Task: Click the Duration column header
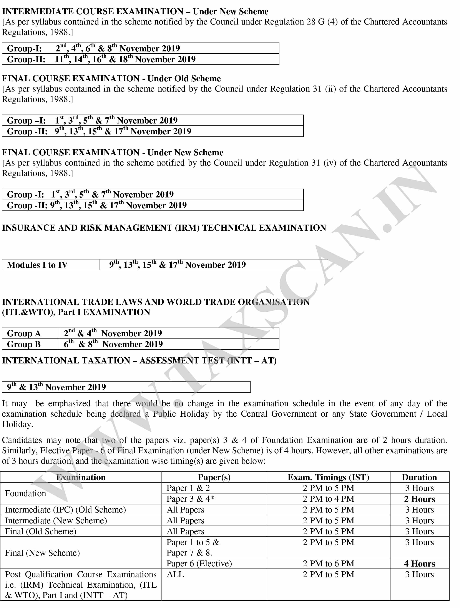pos(419,477)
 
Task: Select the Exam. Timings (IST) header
pos(328,477)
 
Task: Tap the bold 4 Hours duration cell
pos(419,564)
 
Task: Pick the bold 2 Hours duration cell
pos(419,499)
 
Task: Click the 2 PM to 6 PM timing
pos(328,564)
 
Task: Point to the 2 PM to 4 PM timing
pos(328,499)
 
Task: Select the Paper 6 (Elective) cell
pos(199,564)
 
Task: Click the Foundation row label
pos(26,493)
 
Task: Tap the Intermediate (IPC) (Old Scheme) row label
pos(65,510)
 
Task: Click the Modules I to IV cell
pos(37,265)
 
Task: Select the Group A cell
pos(24,334)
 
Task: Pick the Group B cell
pos(24,344)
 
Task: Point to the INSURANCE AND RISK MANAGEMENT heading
pos(164,228)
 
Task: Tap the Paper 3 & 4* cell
pos(190,499)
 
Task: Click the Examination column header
pos(81,477)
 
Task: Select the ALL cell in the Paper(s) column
pos(175,574)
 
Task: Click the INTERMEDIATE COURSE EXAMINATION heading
pos(135,12)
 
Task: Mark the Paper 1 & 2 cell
pos(188,488)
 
